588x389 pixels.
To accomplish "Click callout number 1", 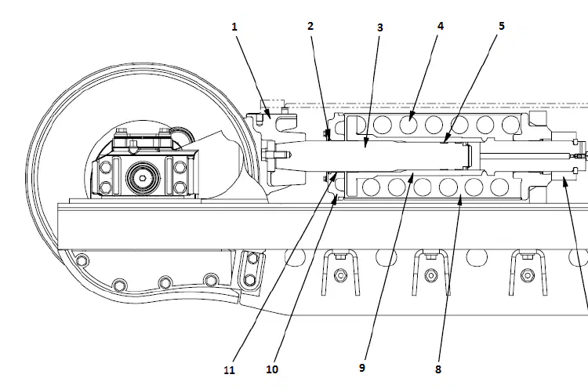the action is click(234, 27).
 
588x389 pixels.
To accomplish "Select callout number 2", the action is click(310, 26).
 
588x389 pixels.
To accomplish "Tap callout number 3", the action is click(380, 27).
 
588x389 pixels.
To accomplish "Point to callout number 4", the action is click(441, 26).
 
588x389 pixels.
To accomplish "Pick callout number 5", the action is click(502, 26).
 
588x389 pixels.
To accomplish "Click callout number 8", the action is click(438, 369).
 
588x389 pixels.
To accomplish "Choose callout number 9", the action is click(362, 368).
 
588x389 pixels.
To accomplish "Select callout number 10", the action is click(272, 369).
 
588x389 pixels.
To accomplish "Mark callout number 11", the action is click(229, 370).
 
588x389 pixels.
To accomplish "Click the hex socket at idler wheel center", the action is click(143, 178).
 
